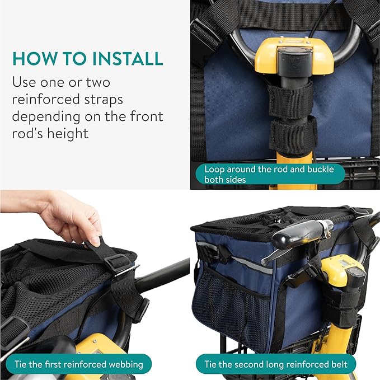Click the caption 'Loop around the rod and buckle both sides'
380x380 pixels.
coord(270,174)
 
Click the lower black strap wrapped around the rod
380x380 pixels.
coord(292,134)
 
